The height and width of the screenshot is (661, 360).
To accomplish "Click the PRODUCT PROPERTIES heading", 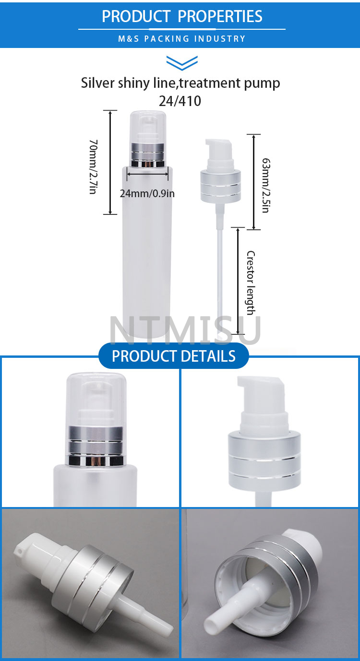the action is coord(182,16).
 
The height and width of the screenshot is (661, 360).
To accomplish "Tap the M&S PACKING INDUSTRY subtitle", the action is coord(182,39).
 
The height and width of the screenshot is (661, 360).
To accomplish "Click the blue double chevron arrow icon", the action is coord(182,63).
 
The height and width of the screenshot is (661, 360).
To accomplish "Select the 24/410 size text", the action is coord(180,101).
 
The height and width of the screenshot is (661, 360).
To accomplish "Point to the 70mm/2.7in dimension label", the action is coord(93,167).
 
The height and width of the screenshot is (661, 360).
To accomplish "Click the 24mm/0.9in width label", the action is coord(147,194).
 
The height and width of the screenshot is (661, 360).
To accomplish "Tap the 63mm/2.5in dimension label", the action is coord(266,185).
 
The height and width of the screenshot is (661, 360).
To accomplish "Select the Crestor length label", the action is coord(251,283).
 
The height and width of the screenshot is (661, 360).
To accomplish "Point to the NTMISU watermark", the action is coord(185,330).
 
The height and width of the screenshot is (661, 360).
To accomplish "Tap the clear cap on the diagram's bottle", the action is coord(148,127).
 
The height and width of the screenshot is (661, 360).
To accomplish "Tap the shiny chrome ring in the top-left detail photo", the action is coord(96,461).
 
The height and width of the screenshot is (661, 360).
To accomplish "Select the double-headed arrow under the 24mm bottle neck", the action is coord(147,174).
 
